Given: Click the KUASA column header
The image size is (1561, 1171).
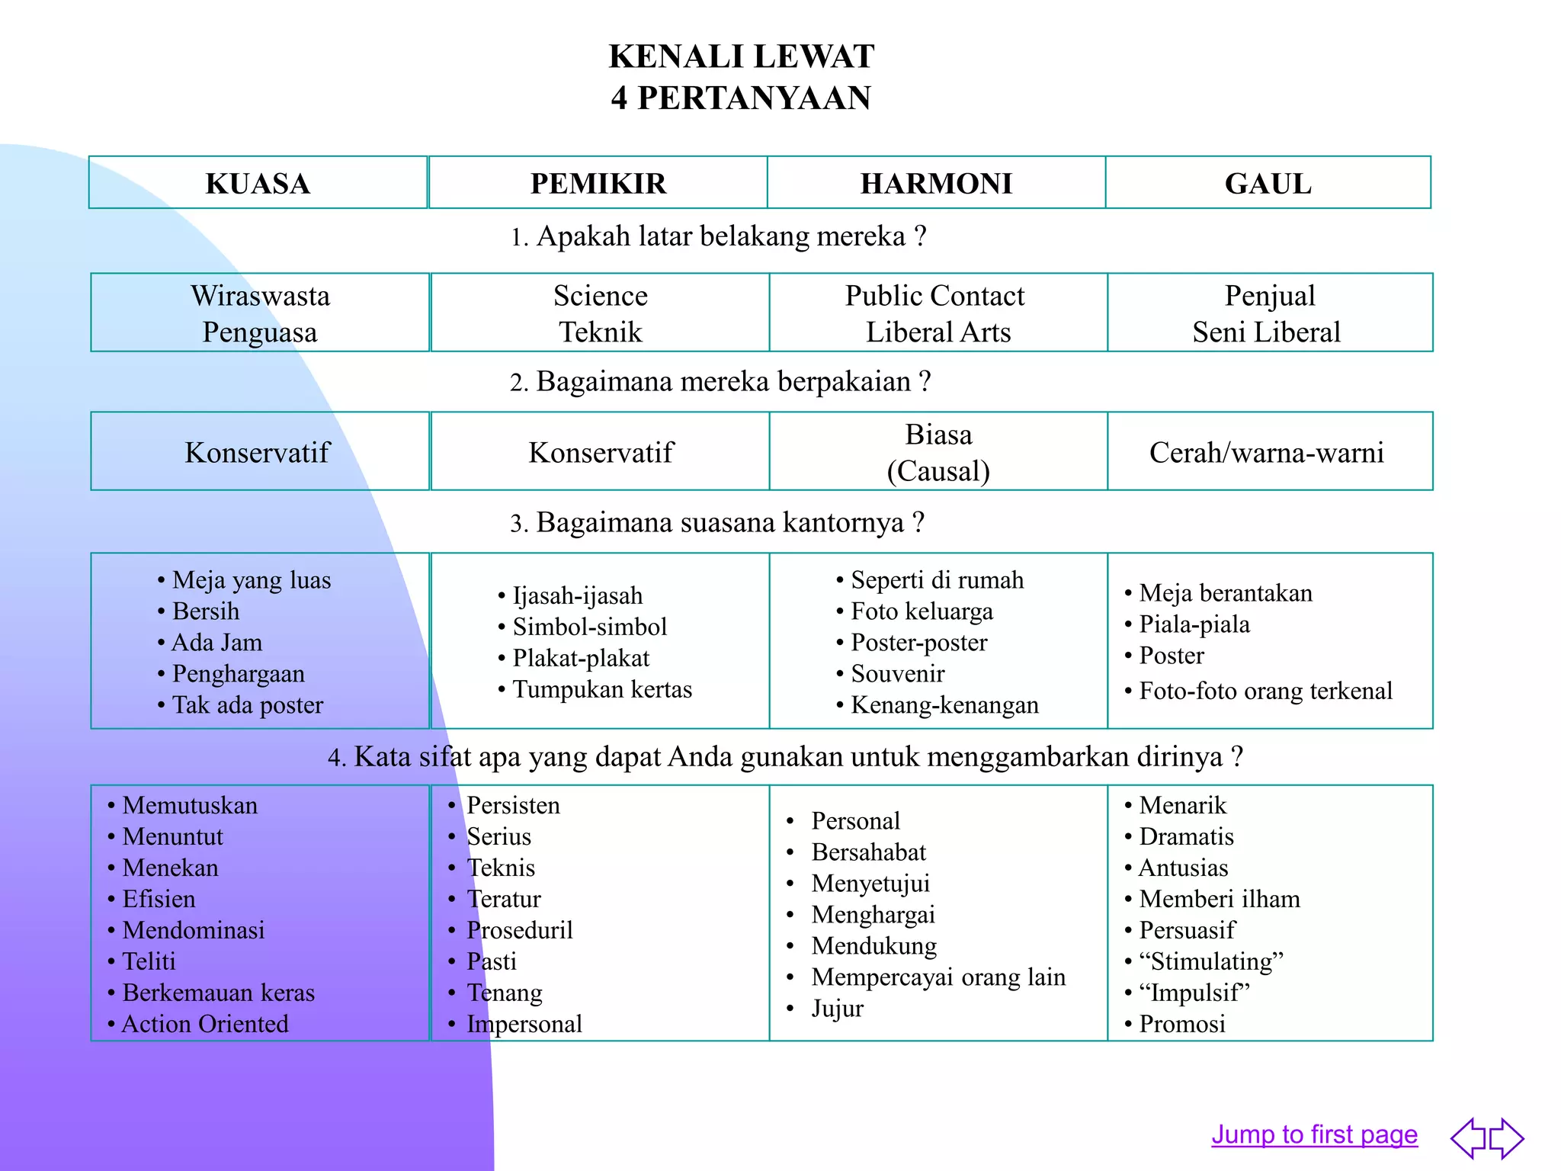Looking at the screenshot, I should coord(258,184).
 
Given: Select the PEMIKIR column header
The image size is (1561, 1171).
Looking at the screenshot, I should coord(598,184).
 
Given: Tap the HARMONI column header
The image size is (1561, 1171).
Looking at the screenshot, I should coord(936,184).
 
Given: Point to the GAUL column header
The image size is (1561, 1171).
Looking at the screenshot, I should coord(1268,184).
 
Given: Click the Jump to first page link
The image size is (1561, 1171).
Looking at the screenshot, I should coord(1314,1134).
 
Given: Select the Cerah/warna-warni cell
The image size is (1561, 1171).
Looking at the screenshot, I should coord(1266,453).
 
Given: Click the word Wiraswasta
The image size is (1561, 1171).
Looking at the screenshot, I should coord(260,296).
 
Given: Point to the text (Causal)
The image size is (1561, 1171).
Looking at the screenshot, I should coord(938,471).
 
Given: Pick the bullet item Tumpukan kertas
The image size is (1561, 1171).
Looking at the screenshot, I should coord(602,689).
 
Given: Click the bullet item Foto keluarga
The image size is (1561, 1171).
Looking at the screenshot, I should coord(922,611).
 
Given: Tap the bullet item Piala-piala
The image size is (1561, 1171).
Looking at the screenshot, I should coord(1194,624).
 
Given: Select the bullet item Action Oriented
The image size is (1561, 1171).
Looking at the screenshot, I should coord(205,1024).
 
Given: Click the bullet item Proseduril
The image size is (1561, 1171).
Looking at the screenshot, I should coord(519,930).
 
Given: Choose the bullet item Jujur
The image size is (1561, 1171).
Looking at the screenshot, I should coord(837,1009).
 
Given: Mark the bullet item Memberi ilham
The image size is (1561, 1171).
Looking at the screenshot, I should coord(1220,899).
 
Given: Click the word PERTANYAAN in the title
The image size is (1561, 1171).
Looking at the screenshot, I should coord(754,98).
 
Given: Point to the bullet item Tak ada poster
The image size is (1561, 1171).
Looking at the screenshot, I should coord(248,705).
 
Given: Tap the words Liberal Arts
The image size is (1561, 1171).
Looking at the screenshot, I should coord(938,332).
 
